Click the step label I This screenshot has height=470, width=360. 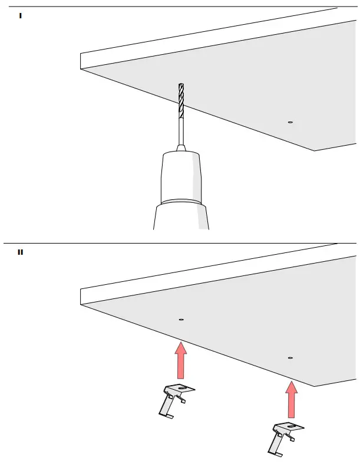tap(21, 15)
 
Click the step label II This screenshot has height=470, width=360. tap(21, 252)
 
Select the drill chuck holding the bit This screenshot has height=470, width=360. tap(181, 174)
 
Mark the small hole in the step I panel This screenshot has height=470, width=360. tap(290, 122)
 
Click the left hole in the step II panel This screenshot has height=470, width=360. tap(181, 320)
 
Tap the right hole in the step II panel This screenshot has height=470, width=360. tap(290, 357)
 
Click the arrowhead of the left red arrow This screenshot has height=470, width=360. tap(181, 349)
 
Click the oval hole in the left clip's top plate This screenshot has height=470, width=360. tap(183, 388)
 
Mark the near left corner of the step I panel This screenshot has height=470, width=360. tap(81, 68)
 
